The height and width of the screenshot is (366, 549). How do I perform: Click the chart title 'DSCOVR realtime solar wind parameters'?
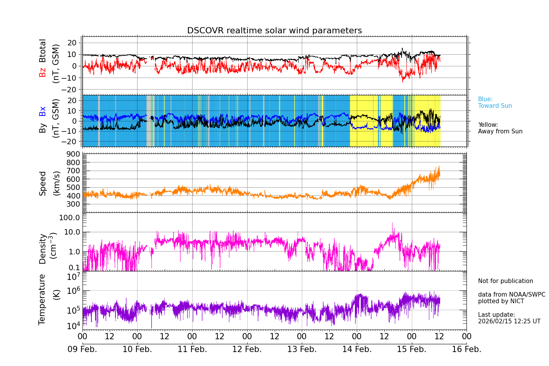click(x=274, y=31)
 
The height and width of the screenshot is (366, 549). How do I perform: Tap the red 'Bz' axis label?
click(x=42, y=72)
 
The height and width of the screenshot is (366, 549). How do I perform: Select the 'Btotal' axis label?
click(x=42, y=50)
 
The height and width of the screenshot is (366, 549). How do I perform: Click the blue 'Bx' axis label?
click(x=42, y=111)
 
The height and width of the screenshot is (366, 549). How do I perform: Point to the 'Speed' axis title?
click(x=42, y=183)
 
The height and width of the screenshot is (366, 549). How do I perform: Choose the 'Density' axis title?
click(x=42, y=249)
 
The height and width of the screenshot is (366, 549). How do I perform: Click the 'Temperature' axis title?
click(x=42, y=299)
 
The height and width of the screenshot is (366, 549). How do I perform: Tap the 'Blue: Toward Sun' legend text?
click(x=495, y=102)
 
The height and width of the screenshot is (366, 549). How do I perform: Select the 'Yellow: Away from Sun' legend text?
click(x=500, y=128)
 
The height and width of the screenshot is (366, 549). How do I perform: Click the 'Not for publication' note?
click(x=505, y=281)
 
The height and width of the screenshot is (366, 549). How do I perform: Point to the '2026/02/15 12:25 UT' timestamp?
click(x=509, y=321)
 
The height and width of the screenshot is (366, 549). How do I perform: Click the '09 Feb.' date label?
click(x=82, y=349)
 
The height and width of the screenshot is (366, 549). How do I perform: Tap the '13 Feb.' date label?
click(x=302, y=349)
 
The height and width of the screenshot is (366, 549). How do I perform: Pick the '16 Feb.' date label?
click(x=466, y=349)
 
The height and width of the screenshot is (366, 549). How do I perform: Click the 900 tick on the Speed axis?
click(x=74, y=154)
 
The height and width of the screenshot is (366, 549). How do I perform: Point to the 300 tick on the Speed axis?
click(x=74, y=204)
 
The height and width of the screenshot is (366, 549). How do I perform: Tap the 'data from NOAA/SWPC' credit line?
click(x=511, y=295)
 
